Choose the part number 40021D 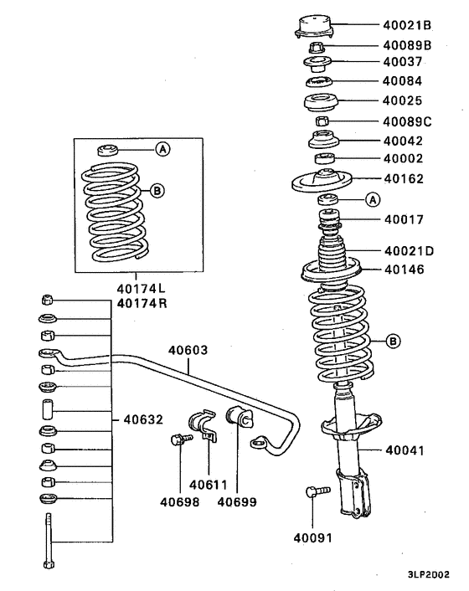coord(410,251)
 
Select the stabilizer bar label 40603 coord(188,351)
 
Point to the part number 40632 coord(144,419)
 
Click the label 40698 coord(178,502)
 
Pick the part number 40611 coord(209,484)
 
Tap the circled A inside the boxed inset coord(162,149)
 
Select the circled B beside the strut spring coord(395,341)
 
